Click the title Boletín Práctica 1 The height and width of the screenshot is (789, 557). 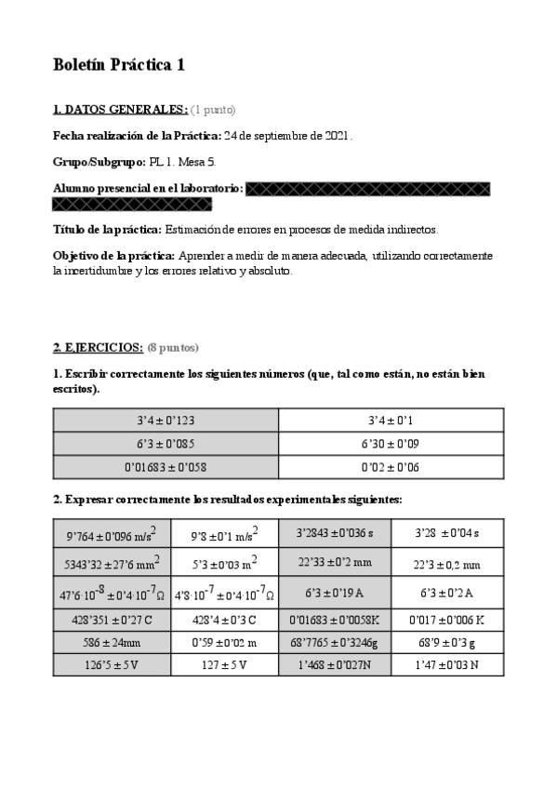click(x=119, y=64)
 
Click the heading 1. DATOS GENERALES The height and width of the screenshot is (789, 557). click(x=120, y=110)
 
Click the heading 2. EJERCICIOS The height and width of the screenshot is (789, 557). click(x=98, y=348)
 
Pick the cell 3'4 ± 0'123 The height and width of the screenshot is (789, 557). click(x=166, y=420)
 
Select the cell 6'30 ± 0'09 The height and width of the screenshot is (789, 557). click(x=391, y=444)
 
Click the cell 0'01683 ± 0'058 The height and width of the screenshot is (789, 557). click(x=166, y=467)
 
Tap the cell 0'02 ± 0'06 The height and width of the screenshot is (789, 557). click(x=391, y=467)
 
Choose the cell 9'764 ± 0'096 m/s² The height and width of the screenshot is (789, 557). click(x=112, y=535)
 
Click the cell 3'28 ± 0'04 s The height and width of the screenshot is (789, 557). click(x=447, y=535)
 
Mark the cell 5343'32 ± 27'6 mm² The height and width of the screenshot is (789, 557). click(x=112, y=563)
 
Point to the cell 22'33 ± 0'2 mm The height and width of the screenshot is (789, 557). click(x=335, y=563)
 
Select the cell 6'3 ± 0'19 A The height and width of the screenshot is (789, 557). click(x=335, y=592)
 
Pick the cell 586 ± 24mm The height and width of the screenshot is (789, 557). click(x=112, y=641)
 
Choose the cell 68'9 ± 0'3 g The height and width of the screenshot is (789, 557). click(x=447, y=641)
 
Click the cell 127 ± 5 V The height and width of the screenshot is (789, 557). click(x=224, y=665)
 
